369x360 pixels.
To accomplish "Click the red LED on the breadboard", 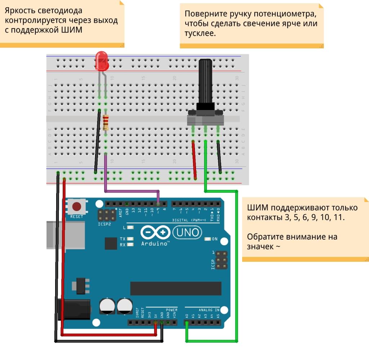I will (x=102, y=61).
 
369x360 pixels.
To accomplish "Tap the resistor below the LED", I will (x=106, y=122).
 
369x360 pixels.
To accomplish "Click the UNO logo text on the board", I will (x=187, y=232).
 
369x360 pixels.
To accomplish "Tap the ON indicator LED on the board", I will (x=208, y=239).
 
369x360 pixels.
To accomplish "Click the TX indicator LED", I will (x=130, y=239).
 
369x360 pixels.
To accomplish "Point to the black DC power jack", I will (x=74, y=309).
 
